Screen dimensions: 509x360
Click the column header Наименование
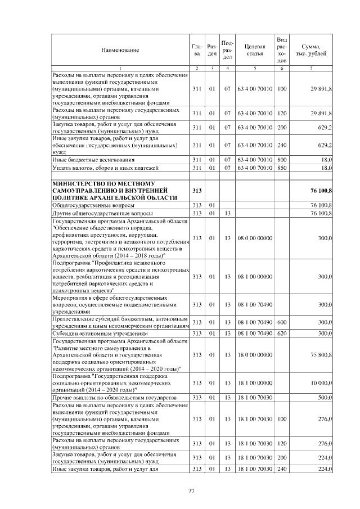click(120, 50)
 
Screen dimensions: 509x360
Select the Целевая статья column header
click(255, 50)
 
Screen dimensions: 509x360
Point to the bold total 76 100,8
click(321, 191)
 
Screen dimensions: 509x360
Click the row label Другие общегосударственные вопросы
click(102, 214)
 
